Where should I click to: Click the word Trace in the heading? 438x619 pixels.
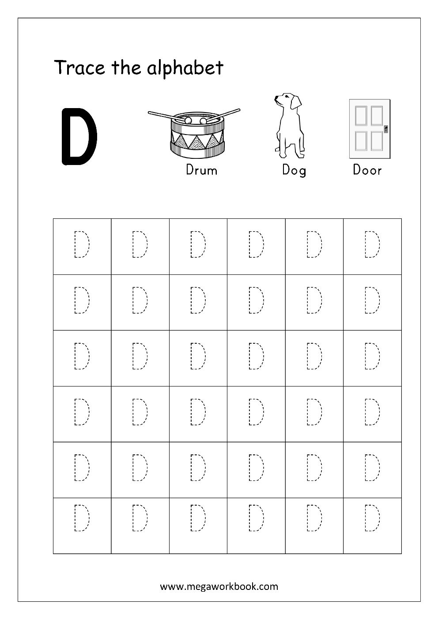tap(79, 68)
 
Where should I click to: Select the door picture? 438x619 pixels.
tap(370, 128)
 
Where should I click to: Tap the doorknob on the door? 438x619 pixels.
tap(386, 129)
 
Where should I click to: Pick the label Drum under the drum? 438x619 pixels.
tap(202, 170)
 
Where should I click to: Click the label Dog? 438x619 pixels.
tap(294, 170)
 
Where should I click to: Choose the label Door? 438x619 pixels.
tap(367, 170)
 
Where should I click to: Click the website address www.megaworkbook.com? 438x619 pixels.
tap(219, 586)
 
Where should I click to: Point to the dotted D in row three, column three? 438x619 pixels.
tap(198, 356)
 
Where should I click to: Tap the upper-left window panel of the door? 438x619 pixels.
tap(361, 116)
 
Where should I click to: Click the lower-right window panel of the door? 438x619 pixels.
tap(376, 141)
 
